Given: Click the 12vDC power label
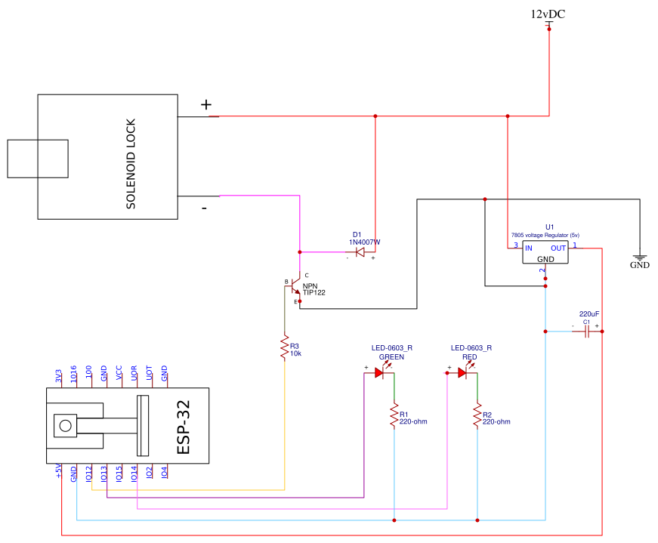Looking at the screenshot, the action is point(548,14).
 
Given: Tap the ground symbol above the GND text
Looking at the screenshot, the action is point(640,258).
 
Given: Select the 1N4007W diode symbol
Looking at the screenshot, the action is point(360,251).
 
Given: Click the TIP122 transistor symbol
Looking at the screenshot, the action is point(295,288).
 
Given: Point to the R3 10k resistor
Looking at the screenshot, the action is point(285,347).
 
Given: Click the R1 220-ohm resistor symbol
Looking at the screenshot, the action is point(394,416).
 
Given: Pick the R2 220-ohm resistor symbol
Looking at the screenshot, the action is point(477,416).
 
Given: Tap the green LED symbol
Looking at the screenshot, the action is point(380,372).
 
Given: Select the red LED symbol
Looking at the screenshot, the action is point(463,372).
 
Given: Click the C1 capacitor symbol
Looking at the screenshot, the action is point(587,332).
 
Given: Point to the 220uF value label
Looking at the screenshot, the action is point(588,314).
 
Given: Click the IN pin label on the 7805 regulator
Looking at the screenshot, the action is point(529,248).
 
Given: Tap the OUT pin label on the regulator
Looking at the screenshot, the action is point(558,248).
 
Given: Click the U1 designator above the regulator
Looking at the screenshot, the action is point(549,227).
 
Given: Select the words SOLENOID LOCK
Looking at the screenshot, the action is point(131,164).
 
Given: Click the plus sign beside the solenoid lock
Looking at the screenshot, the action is point(205,104).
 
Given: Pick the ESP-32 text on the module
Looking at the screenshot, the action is point(184,427).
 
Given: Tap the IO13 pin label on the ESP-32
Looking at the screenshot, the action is point(103,474).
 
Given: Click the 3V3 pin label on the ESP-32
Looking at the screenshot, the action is point(58,375).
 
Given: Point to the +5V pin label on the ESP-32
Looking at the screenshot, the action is point(58,470).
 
